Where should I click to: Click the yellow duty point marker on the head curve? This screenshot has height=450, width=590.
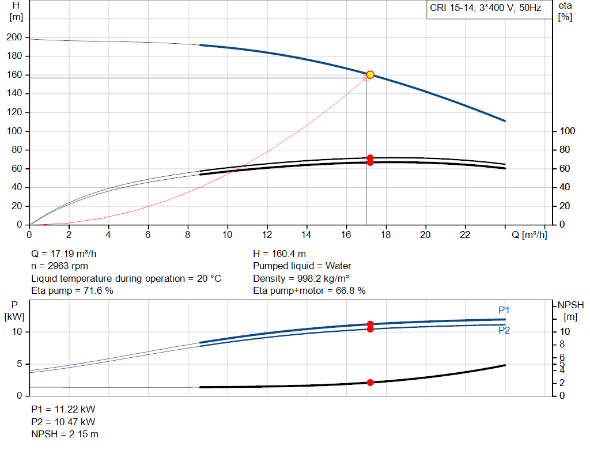(370, 74)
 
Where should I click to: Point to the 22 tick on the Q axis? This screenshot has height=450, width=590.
(465, 235)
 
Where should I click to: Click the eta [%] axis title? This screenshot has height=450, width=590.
(565, 11)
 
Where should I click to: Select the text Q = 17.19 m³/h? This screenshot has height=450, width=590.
(68, 254)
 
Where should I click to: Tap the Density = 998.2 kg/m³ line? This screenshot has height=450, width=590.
(301, 278)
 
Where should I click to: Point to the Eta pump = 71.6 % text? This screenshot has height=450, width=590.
(72, 291)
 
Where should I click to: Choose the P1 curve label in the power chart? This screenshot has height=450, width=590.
(504, 310)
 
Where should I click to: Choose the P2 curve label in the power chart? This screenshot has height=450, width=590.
(504, 330)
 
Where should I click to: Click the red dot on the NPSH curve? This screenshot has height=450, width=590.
(370, 382)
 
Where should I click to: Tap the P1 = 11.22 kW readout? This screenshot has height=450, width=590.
(63, 409)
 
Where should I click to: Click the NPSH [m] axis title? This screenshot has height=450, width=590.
(570, 310)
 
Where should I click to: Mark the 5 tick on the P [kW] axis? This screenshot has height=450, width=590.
(19, 364)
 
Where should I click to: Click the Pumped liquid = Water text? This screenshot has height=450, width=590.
(302, 266)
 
